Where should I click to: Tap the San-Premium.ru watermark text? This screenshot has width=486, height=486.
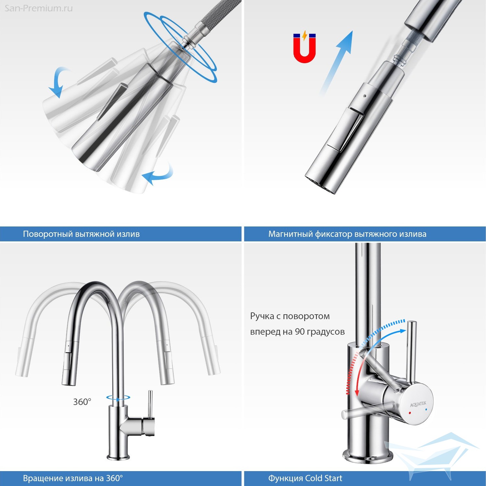(x=39, y=8)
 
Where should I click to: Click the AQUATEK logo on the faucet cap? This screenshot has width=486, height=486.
(x=418, y=404)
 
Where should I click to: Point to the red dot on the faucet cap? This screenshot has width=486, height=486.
(x=410, y=413)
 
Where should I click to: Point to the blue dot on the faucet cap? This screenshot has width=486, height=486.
(x=426, y=410)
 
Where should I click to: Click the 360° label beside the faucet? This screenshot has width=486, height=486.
(x=82, y=402)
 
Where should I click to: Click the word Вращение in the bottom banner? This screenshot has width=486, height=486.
(x=42, y=478)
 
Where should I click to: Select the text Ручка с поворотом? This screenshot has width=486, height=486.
(x=290, y=316)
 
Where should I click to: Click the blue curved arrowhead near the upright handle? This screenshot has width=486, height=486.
(x=402, y=331)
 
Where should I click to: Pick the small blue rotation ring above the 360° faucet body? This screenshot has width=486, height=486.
(x=119, y=397)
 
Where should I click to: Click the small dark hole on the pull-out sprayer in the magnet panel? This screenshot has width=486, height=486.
(x=365, y=96)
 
